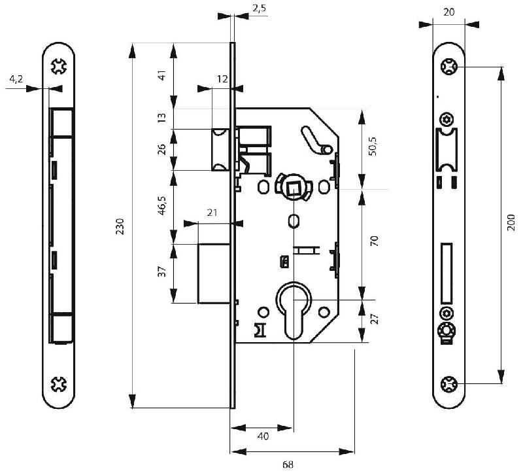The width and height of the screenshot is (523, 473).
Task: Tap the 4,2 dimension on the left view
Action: [x=16, y=79]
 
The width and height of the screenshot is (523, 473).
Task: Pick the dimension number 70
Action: [x=374, y=240]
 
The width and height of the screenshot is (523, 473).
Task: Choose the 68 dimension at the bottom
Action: [x=288, y=464]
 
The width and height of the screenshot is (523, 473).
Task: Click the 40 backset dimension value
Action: [x=262, y=436]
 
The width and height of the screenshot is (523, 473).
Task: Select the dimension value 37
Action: [x=161, y=272]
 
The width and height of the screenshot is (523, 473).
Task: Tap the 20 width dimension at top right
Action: [x=448, y=12]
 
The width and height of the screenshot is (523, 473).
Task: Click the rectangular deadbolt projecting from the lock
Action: [x=214, y=273]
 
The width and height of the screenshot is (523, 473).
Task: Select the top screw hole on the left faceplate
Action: [x=59, y=67]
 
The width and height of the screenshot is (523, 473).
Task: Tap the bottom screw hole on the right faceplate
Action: [x=448, y=384]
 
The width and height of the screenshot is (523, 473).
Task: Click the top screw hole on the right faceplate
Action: [x=448, y=67]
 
